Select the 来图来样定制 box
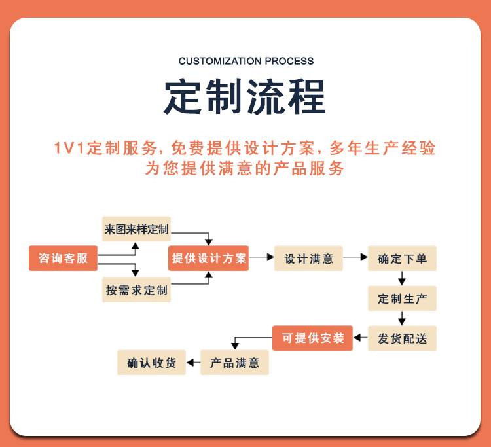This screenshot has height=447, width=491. [136, 230]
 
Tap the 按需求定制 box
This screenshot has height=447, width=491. [136, 290]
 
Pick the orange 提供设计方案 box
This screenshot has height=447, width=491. [209, 258]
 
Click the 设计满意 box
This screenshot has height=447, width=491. [308, 258]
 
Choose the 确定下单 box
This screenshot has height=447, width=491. [401, 258]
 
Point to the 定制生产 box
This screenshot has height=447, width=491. [401, 298]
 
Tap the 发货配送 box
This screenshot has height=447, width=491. [401, 338]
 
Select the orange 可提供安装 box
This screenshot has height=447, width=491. [312, 338]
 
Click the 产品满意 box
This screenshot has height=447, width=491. [234, 363]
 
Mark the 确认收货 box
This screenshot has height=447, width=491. [151, 363]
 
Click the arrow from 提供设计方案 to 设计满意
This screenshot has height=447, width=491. [262, 258]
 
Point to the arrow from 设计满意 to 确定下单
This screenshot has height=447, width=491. [355, 258]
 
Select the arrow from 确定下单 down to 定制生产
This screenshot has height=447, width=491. [402, 278]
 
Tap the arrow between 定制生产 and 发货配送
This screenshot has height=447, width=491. [402, 318]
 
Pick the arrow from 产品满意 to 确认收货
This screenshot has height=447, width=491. [193, 363]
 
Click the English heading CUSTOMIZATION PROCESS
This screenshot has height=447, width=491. [245, 61]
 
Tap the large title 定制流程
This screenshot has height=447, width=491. [245, 97]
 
